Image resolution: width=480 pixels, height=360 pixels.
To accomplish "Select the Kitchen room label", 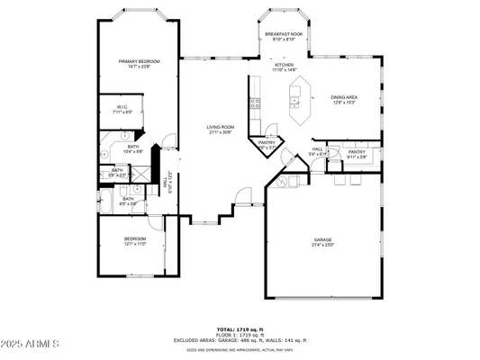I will coord(285,65).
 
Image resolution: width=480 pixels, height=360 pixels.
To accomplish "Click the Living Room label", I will coord(221,127).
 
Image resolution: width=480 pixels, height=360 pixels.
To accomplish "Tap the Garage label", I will coord(323,240).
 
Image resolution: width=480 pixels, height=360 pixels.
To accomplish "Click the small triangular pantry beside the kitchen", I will coord(267,143).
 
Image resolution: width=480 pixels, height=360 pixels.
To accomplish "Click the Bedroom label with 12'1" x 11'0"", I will coord(135,238).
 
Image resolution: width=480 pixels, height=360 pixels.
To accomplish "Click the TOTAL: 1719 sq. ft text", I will coord(240,329).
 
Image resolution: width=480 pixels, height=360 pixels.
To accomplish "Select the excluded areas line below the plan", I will coord(240,340).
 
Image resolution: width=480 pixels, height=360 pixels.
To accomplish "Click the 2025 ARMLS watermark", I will coord(31,344).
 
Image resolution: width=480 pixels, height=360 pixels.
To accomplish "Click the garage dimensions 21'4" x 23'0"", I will coord(323,245).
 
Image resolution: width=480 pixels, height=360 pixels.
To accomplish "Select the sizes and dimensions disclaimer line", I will coord(240,350).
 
